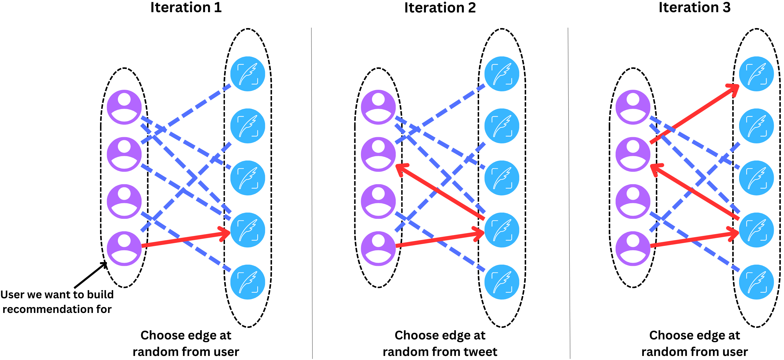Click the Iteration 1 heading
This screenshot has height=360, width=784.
point(186,7)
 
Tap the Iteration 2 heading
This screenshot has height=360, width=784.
point(440,7)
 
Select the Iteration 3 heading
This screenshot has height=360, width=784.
point(694,7)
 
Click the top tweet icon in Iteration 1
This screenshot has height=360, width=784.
point(248,74)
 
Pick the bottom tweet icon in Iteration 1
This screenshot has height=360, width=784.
point(248,282)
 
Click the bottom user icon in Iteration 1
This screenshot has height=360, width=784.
point(124,248)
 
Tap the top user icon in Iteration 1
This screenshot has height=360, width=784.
point(124,107)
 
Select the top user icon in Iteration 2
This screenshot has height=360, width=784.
point(378,107)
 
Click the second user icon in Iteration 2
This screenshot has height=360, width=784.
point(378,154)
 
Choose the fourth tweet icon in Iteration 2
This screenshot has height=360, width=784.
point(502,230)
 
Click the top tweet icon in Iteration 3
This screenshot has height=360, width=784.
point(756,74)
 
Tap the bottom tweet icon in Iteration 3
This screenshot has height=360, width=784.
point(756,282)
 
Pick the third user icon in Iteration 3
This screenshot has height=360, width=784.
point(633,201)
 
